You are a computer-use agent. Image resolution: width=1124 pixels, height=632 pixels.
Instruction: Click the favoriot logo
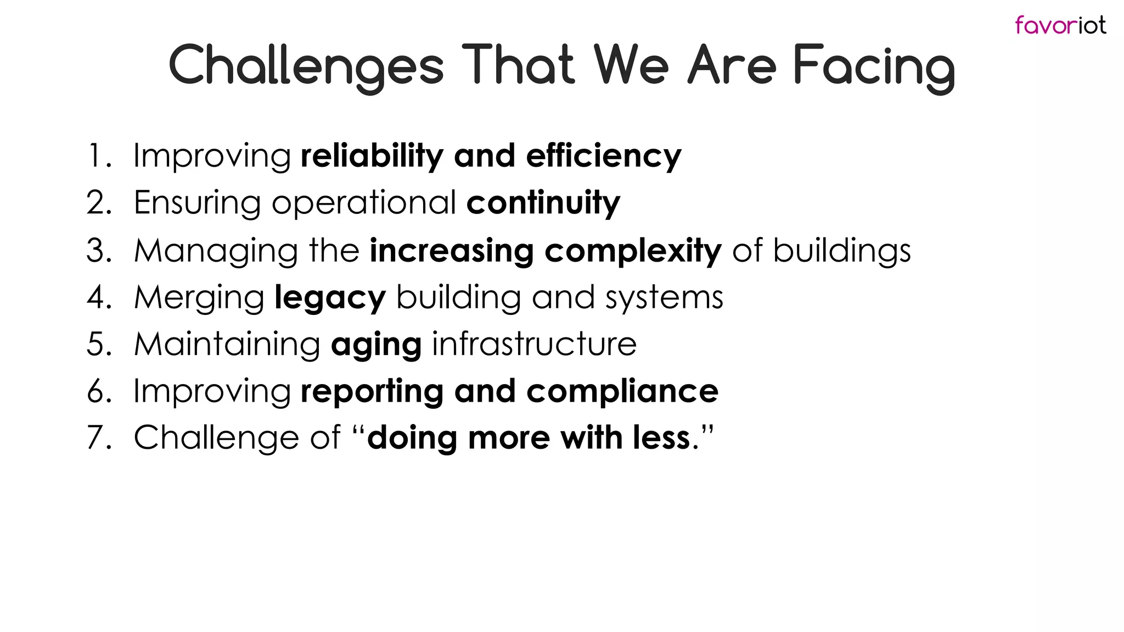[x=1060, y=25]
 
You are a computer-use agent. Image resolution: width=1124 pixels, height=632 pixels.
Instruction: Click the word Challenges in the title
[x=306, y=66]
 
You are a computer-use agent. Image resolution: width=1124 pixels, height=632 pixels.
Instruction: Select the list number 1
[x=97, y=156]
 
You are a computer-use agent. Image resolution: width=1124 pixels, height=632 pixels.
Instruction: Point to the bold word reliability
[x=372, y=156]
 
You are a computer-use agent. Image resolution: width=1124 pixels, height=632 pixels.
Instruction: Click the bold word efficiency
[x=603, y=157]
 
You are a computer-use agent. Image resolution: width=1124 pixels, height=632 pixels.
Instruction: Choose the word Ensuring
[x=197, y=204]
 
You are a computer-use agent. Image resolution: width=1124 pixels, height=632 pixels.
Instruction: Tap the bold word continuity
[x=543, y=204]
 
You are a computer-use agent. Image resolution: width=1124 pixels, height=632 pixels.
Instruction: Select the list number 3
[x=99, y=251]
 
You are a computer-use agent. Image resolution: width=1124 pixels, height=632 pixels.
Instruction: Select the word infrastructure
[x=534, y=345]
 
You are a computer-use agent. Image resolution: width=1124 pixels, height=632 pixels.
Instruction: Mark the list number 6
[x=99, y=392]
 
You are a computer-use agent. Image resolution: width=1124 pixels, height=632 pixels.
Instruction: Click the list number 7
[x=99, y=438]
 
